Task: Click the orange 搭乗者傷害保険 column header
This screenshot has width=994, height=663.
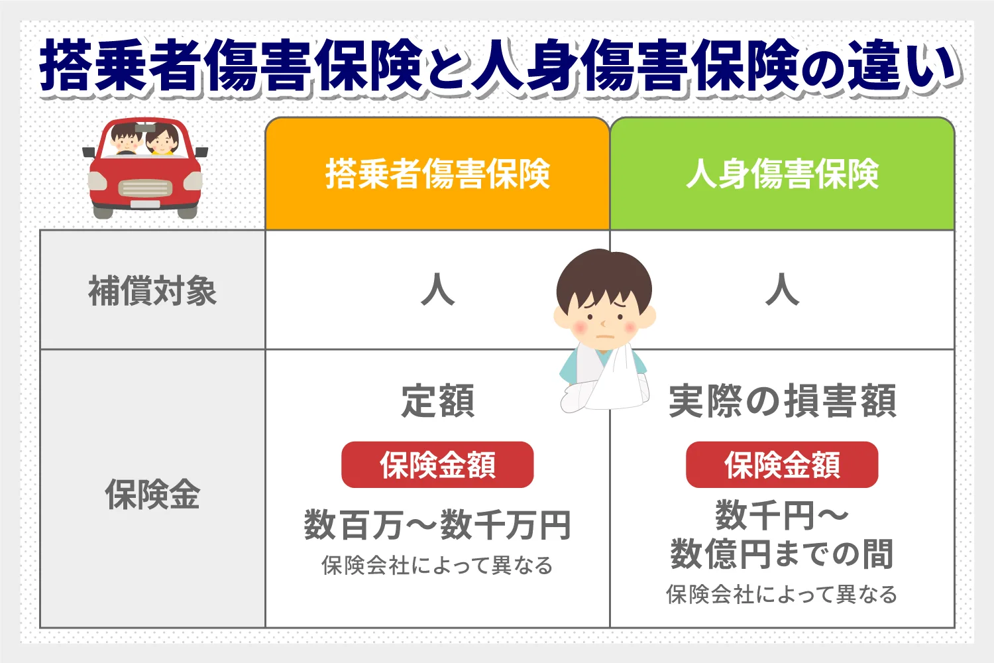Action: (x=437, y=174)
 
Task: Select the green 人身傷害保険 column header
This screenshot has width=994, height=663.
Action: (x=782, y=174)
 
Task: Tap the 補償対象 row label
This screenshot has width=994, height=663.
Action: (x=152, y=290)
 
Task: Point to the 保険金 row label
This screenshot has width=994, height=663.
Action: (x=152, y=495)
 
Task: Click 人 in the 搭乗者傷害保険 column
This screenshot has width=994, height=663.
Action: (x=437, y=290)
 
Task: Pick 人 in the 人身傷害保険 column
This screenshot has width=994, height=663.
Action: (x=782, y=290)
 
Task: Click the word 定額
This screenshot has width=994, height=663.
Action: (x=437, y=401)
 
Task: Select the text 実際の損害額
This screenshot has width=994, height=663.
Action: (x=782, y=401)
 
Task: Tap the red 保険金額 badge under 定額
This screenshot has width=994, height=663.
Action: (x=437, y=465)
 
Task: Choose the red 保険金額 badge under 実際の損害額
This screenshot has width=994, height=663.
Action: (x=782, y=465)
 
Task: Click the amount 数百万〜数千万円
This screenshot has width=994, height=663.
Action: (x=437, y=525)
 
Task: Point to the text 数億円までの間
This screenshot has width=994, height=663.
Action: (x=782, y=554)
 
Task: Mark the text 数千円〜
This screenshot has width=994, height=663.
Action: (x=782, y=515)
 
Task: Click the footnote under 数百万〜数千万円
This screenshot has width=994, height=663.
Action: (x=437, y=566)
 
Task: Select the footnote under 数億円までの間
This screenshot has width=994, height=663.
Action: (x=782, y=594)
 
